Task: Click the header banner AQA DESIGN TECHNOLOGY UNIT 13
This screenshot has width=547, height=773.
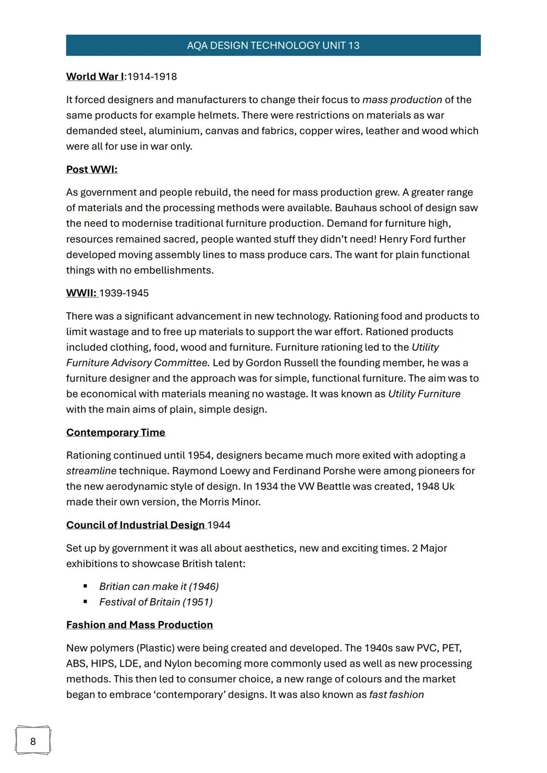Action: tap(273, 46)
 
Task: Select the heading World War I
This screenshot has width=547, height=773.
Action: tap(95, 76)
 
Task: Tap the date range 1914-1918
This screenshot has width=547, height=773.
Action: tap(152, 76)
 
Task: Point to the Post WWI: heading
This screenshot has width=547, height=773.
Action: tap(92, 170)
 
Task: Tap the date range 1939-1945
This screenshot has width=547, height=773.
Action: tap(124, 293)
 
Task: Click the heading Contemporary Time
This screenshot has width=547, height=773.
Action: tap(115, 432)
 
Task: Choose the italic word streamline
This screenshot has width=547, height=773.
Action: tap(91, 471)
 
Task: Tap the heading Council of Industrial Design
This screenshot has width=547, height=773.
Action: tap(135, 525)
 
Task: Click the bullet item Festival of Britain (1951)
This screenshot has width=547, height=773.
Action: tap(155, 602)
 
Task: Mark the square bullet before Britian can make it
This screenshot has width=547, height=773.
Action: tap(85, 586)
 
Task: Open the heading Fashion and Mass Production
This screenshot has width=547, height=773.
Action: tap(139, 625)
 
